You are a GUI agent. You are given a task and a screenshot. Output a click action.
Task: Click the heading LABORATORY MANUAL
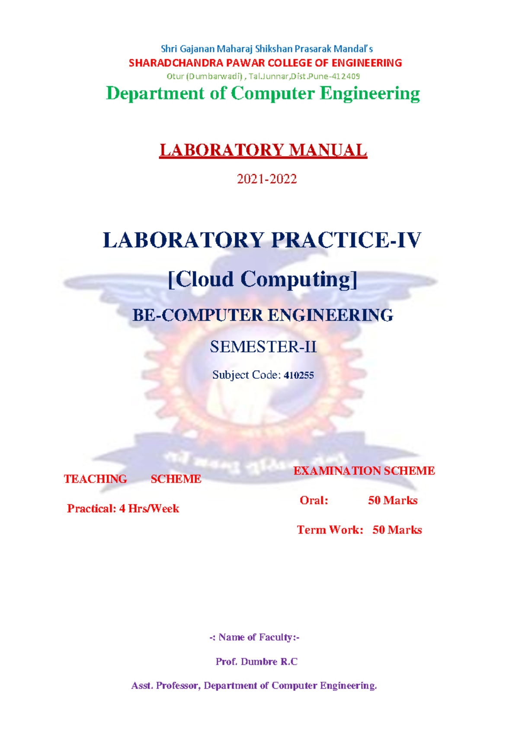[x=263, y=150]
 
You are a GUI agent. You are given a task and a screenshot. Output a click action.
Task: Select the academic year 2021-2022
[x=267, y=179]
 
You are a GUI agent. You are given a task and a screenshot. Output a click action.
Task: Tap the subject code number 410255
[x=299, y=375]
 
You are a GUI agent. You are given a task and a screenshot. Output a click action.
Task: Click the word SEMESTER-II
[x=263, y=347]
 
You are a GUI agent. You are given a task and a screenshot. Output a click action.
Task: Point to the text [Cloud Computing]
[x=263, y=279]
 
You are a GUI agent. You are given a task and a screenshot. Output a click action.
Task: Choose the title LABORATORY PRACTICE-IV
[x=262, y=240]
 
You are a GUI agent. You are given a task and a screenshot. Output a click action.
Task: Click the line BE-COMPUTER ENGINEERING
[x=263, y=315]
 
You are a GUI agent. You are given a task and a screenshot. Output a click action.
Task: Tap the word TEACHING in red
[x=95, y=479]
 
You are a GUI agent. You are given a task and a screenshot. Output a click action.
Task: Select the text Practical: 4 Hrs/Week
[x=123, y=508]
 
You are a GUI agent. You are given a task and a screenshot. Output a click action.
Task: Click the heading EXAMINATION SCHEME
[x=364, y=471]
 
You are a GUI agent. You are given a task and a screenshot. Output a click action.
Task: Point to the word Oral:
[x=314, y=501]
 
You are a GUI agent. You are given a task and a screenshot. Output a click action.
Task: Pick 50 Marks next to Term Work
[x=397, y=530]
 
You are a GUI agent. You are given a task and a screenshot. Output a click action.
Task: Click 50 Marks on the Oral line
[x=393, y=501]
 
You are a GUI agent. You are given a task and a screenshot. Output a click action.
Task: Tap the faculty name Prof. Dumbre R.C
[x=256, y=661]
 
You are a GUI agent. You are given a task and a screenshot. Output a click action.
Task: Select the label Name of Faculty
[x=254, y=637]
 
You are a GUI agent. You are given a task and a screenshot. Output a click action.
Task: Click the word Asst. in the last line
[x=142, y=686]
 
